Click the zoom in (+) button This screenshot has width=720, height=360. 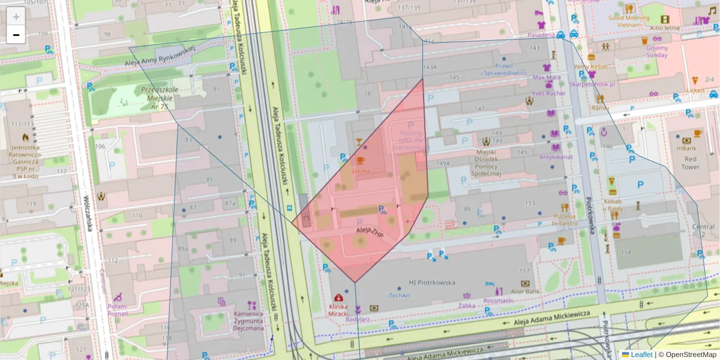16,17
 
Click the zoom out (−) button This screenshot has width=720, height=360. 16,35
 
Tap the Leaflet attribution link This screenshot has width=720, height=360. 641,355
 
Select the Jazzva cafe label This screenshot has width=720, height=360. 361,170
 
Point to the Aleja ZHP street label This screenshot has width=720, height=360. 370,233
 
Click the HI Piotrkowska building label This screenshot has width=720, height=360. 431,283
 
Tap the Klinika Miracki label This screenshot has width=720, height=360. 339,310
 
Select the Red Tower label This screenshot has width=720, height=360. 690,163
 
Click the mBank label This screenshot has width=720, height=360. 686,148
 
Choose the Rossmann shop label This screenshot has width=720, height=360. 498,300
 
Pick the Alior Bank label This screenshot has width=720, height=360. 525,292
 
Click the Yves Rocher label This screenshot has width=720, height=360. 548,94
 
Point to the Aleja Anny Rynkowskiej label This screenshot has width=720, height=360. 160,55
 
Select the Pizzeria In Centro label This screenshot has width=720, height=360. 565,220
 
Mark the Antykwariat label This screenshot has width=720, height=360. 556,157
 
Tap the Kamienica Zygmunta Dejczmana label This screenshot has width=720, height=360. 248,321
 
